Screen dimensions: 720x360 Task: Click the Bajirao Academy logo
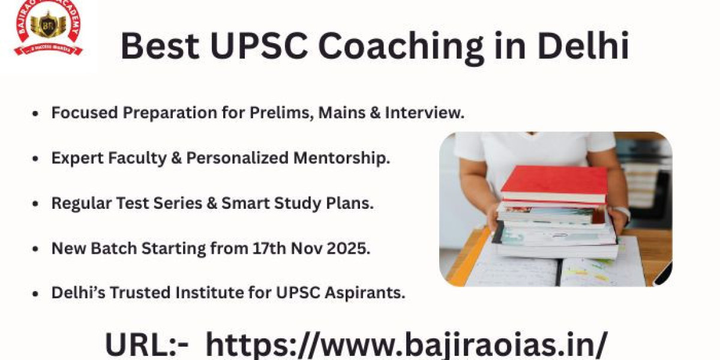[x=48, y=28]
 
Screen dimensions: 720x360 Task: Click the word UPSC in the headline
[x=258, y=46]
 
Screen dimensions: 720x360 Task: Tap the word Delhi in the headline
[x=583, y=46]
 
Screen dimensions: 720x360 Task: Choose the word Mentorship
[x=341, y=158]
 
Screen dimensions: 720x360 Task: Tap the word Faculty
[x=137, y=158]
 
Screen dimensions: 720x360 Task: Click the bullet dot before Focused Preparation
[x=35, y=114]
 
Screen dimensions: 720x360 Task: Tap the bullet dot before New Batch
[x=35, y=249]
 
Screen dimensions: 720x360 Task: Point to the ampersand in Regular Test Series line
[x=212, y=203]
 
